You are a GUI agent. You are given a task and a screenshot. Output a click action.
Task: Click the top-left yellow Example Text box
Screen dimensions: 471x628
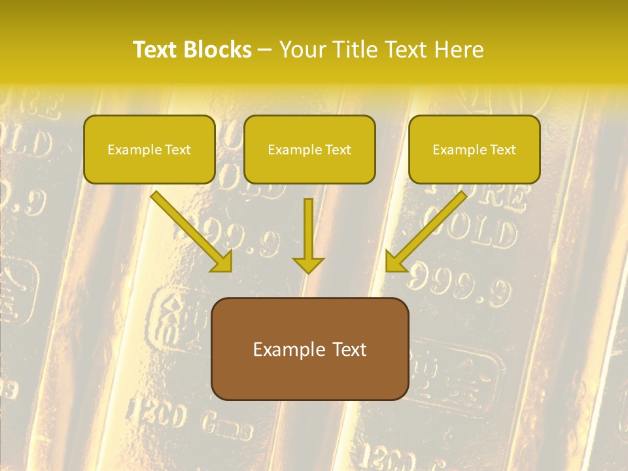[149, 150]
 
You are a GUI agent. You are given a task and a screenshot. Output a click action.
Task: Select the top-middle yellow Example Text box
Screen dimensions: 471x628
[309, 150]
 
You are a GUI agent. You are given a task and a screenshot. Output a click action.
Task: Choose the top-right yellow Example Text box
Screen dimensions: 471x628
[474, 150]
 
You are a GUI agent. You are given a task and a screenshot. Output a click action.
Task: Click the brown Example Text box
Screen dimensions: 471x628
[309, 349]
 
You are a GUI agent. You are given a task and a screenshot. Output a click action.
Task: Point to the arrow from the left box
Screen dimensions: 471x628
[190, 230]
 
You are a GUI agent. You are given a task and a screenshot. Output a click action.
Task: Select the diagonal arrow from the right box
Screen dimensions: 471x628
[428, 230]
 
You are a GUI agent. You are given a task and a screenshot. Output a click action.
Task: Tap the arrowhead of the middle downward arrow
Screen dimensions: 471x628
[308, 264]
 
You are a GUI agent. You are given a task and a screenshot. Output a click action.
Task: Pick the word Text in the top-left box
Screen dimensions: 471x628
[177, 150]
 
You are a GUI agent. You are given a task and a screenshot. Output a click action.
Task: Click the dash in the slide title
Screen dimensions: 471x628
[265, 50]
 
